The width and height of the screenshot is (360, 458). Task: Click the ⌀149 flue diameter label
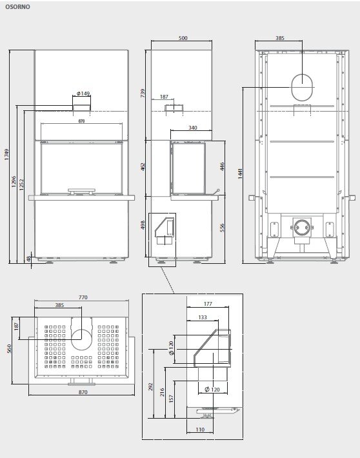pos(83,92)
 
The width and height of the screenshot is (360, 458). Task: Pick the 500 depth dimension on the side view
pos(183,39)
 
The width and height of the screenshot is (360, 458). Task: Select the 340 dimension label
pos(193,128)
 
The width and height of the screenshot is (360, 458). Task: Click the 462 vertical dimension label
pos(143,166)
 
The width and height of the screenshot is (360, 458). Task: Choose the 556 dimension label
pos(222,228)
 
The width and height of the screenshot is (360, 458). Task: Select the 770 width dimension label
pos(83,297)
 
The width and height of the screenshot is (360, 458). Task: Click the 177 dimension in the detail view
pos(208,303)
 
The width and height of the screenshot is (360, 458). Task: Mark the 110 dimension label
pos(200,430)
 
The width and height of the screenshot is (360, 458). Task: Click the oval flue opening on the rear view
pos(302,87)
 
